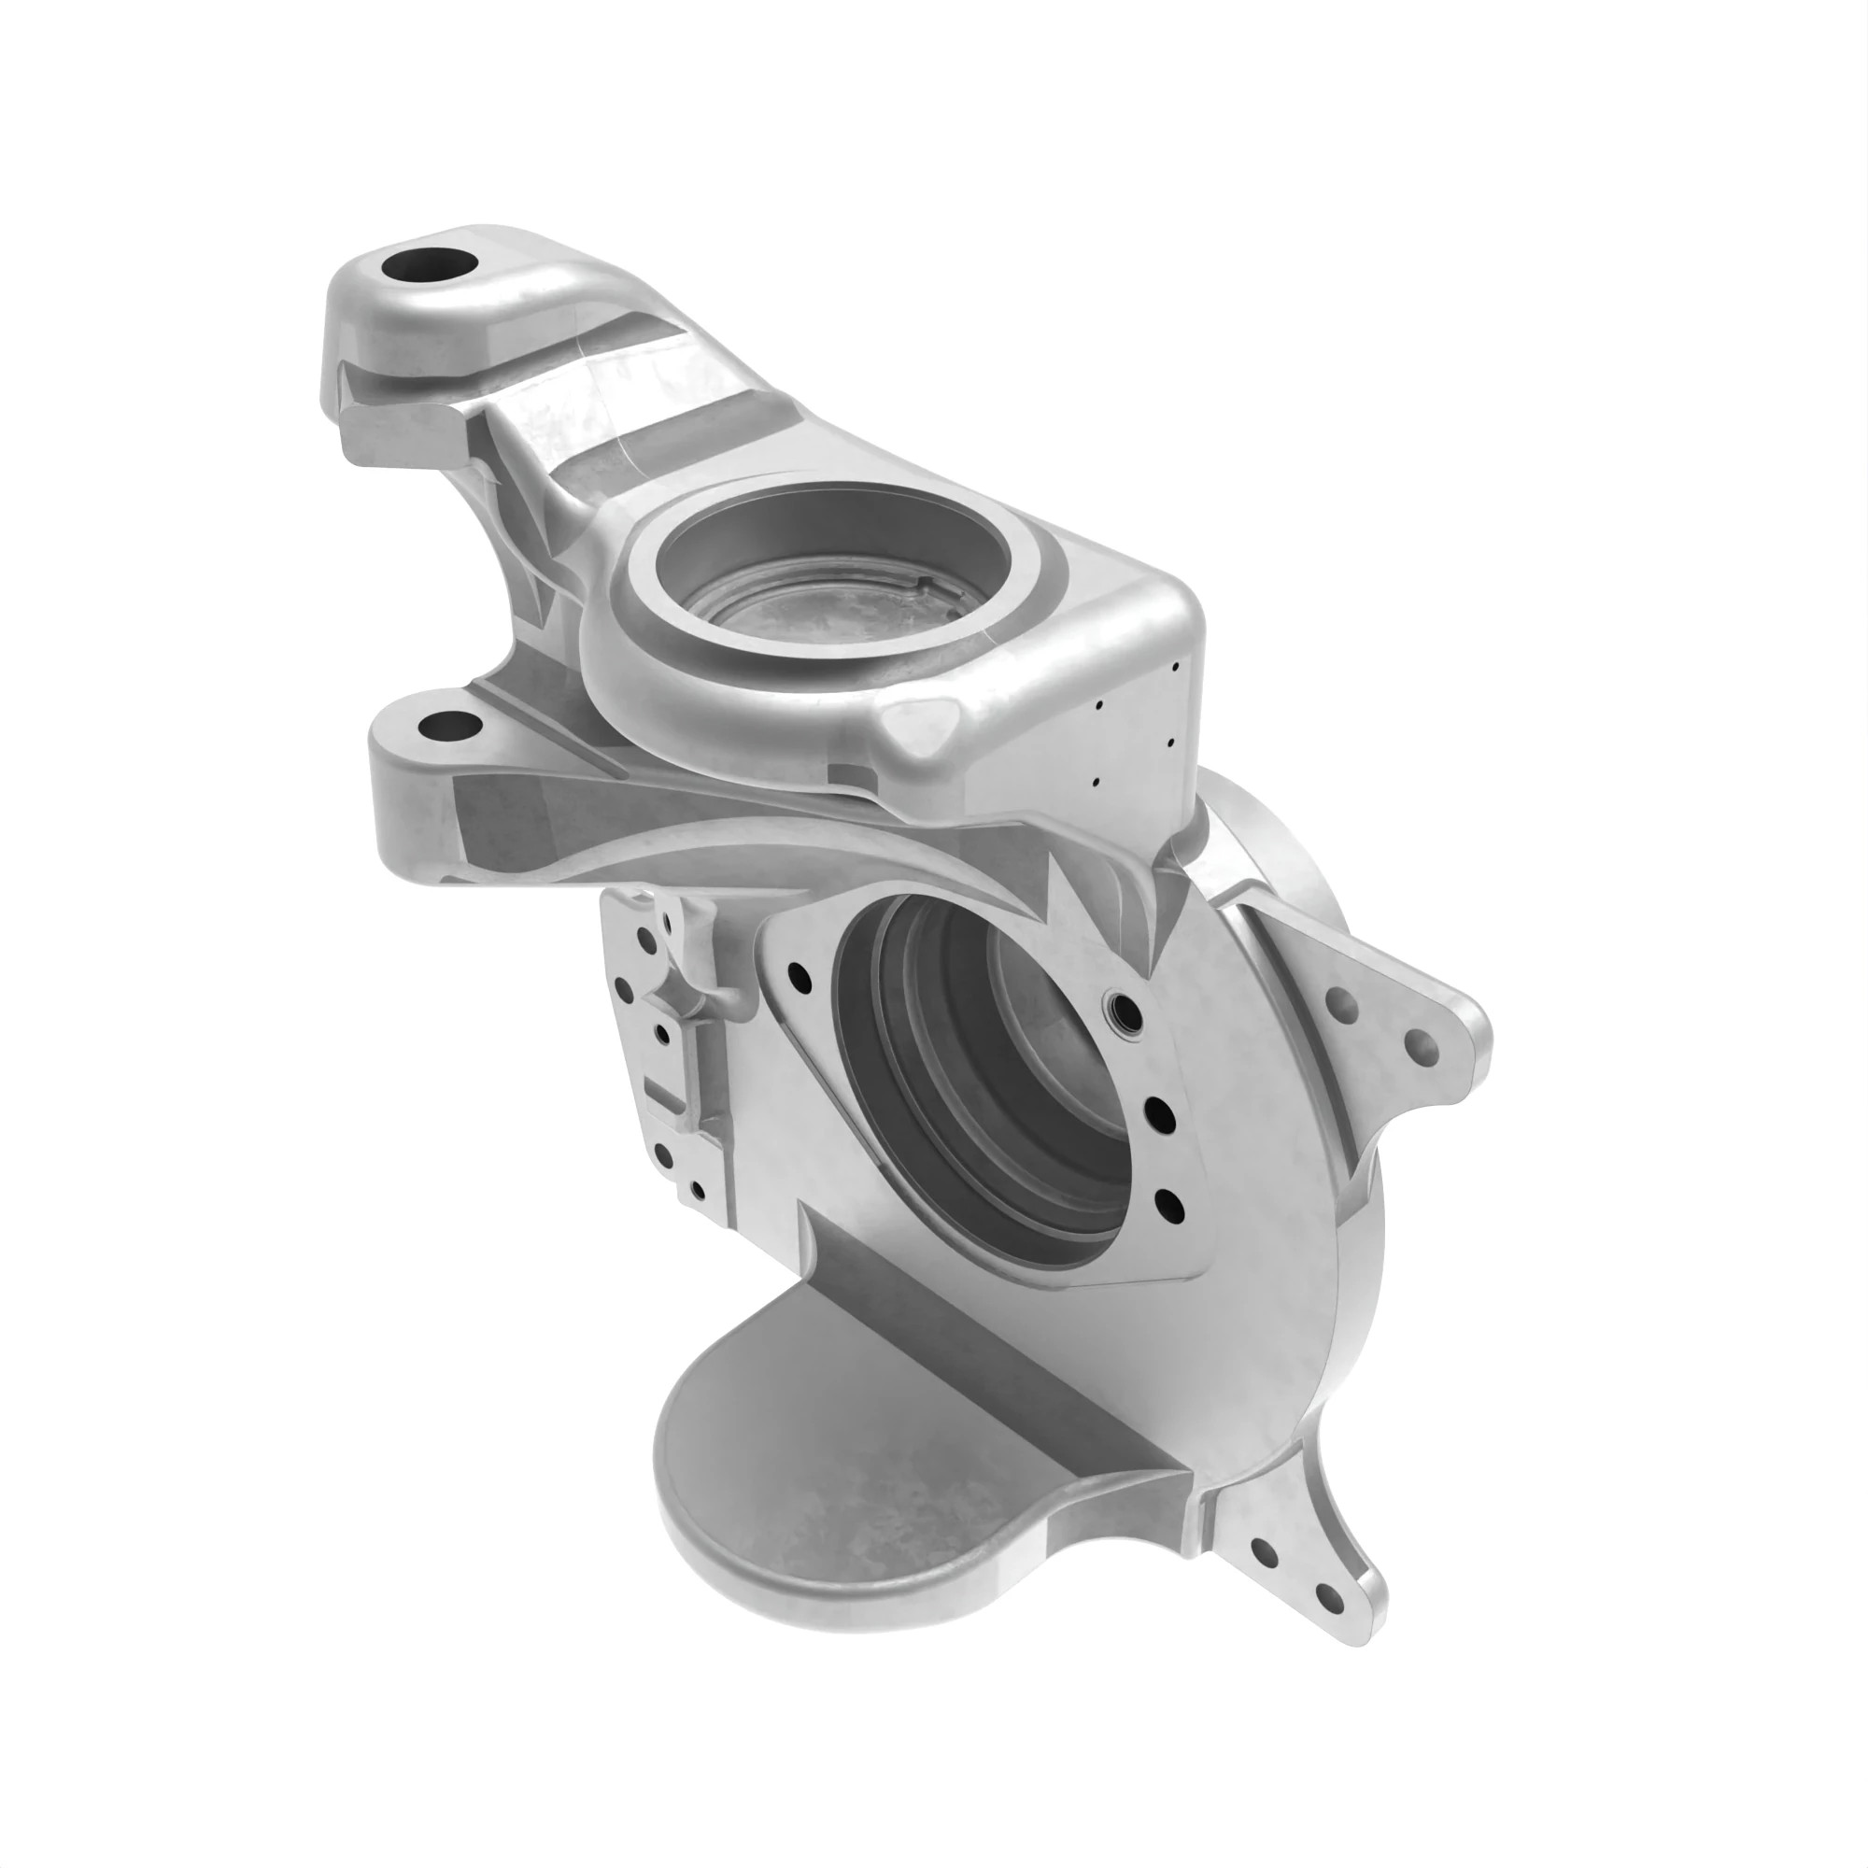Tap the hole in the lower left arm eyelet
point(442,724)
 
